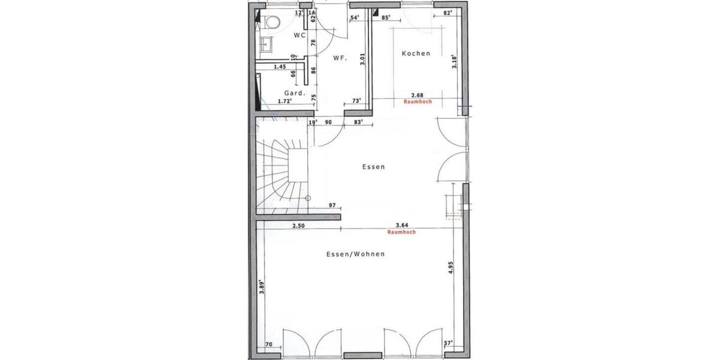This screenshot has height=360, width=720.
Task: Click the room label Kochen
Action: click(416, 53)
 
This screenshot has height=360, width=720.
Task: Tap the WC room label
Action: click(299, 35)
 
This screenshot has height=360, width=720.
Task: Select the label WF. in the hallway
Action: click(341, 58)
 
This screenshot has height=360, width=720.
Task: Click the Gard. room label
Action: click(295, 93)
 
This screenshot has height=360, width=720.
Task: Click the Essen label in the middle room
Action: click(373, 167)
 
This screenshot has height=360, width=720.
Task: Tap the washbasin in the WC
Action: click(267, 43)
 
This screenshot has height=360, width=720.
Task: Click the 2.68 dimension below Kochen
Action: click(418, 95)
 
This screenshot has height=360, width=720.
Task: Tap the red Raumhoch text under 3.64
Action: click(401, 232)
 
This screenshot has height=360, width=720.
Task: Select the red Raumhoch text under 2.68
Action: click(418, 102)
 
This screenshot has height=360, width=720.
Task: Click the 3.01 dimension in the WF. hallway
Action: click(362, 59)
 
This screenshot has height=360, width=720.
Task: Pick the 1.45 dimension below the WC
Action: click(280, 67)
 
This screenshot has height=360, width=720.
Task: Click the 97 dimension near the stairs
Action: click(332, 205)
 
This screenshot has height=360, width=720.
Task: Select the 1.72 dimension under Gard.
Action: click(285, 101)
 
